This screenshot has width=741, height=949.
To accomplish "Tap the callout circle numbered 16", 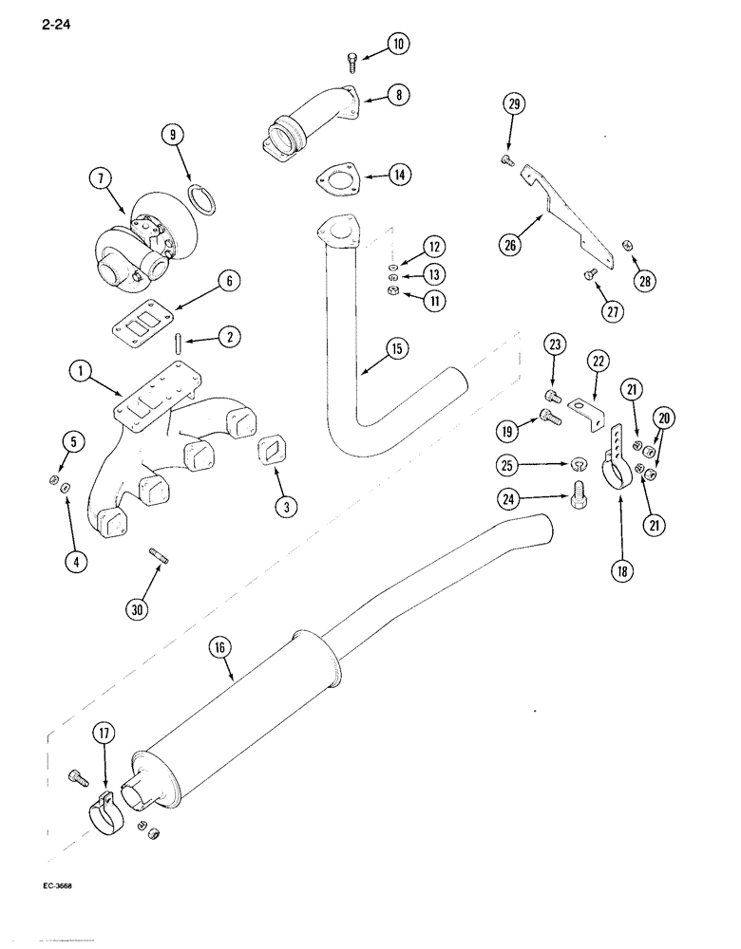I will (x=219, y=648).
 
